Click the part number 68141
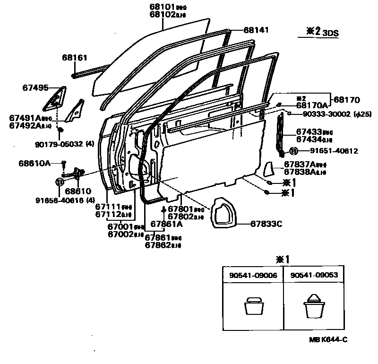click(x=256, y=30)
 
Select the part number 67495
click(x=35, y=87)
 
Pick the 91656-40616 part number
click(x=68, y=200)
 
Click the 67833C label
click(x=266, y=224)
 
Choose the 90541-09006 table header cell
click(x=253, y=274)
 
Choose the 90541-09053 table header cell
click(x=310, y=274)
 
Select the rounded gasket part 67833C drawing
click(x=220, y=214)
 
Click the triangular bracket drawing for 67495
click(x=55, y=98)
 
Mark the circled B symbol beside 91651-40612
click(x=293, y=151)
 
